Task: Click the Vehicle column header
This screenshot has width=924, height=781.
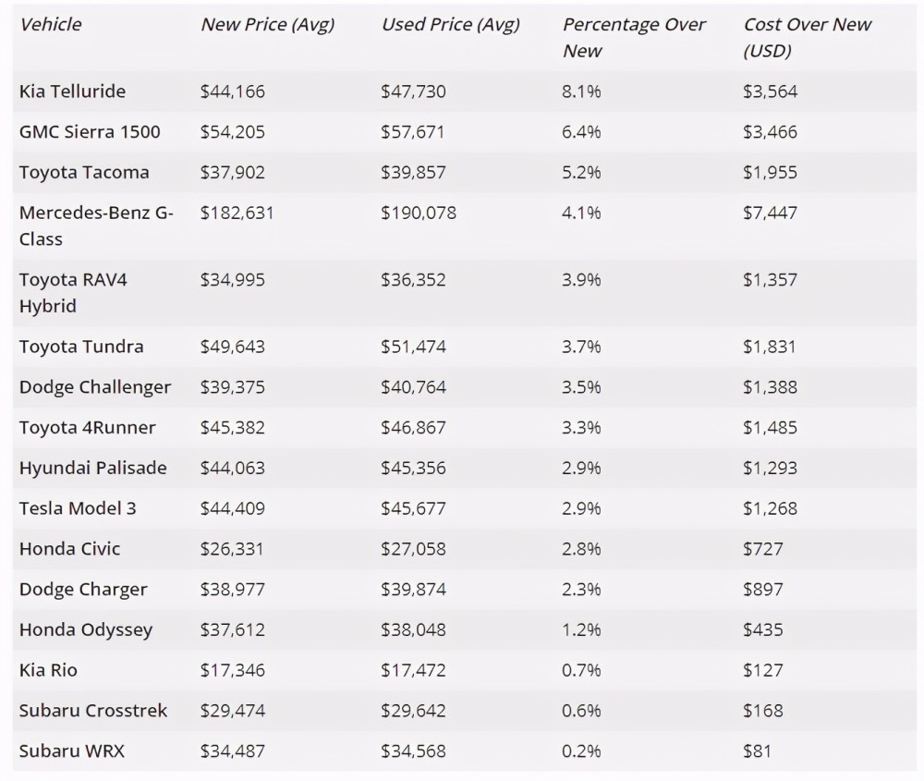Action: (50, 24)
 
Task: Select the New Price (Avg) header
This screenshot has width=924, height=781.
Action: (268, 25)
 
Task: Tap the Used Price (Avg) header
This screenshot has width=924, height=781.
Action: (451, 25)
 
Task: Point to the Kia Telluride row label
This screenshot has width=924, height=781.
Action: (72, 92)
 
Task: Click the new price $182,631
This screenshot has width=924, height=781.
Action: (237, 213)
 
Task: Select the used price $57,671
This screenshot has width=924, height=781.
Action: (412, 131)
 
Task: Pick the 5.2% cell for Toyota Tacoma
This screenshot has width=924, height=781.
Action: (581, 172)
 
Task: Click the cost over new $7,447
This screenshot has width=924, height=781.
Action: (771, 213)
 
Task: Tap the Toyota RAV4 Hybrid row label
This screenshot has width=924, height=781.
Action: (73, 292)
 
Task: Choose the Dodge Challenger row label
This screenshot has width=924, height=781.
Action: (95, 387)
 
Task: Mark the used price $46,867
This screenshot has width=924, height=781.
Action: (413, 427)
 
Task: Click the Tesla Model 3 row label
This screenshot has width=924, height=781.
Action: (78, 508)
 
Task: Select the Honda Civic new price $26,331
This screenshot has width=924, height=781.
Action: (232, 549)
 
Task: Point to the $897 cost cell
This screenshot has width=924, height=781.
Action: (763, 590)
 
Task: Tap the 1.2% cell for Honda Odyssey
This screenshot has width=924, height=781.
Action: (581, 629)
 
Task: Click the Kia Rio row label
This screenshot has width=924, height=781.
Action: (48, 670)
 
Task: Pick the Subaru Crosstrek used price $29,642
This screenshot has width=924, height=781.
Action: (413, 711)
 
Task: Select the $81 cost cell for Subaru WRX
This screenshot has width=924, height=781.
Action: (758, 750)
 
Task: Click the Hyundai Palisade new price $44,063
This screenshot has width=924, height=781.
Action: (233, 468)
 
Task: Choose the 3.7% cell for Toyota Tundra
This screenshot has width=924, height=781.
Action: (581, 347)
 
